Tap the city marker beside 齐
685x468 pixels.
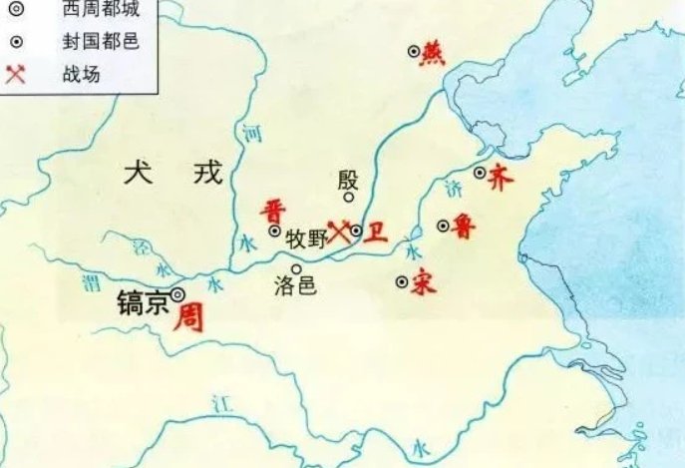[x=480, y=173]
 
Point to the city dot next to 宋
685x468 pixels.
[x=402, y=282]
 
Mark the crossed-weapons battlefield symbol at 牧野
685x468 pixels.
[x=340, y=231]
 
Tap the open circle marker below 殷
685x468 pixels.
[x=349, y=198]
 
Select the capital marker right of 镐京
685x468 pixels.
[x=177, y=294]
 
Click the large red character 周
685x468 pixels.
[x=188, y=318]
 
